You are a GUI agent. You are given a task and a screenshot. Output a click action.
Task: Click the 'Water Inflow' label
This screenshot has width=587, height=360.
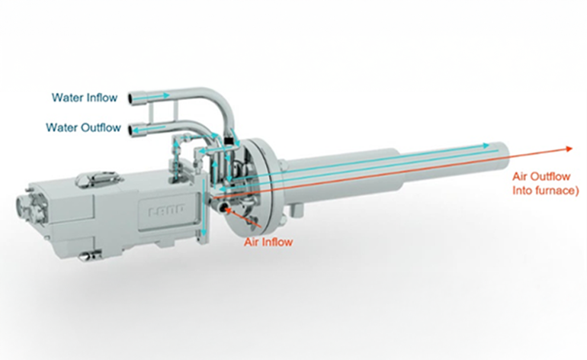(85, 98)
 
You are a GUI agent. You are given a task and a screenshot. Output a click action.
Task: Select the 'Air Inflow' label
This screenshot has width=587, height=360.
(268, 242)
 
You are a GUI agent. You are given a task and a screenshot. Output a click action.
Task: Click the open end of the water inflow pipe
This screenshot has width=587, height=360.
(130, 98)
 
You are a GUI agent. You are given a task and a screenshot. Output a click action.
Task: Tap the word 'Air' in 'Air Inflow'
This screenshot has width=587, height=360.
(252, 242)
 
